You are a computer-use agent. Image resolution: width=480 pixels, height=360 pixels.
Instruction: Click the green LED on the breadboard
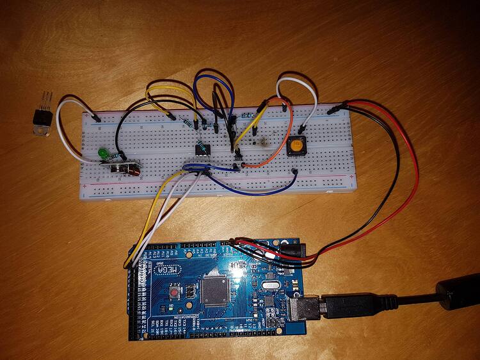(x=102, y=154)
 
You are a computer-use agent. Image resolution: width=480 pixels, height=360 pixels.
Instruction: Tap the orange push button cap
(x=296, y=147)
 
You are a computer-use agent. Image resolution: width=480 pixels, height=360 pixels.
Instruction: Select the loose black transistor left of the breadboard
(x=42, y=118)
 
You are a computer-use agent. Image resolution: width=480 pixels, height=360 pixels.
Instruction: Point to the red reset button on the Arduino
(x=174, y=293)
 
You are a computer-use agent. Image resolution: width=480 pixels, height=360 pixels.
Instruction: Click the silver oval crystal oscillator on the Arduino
(x=263, y=286)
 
